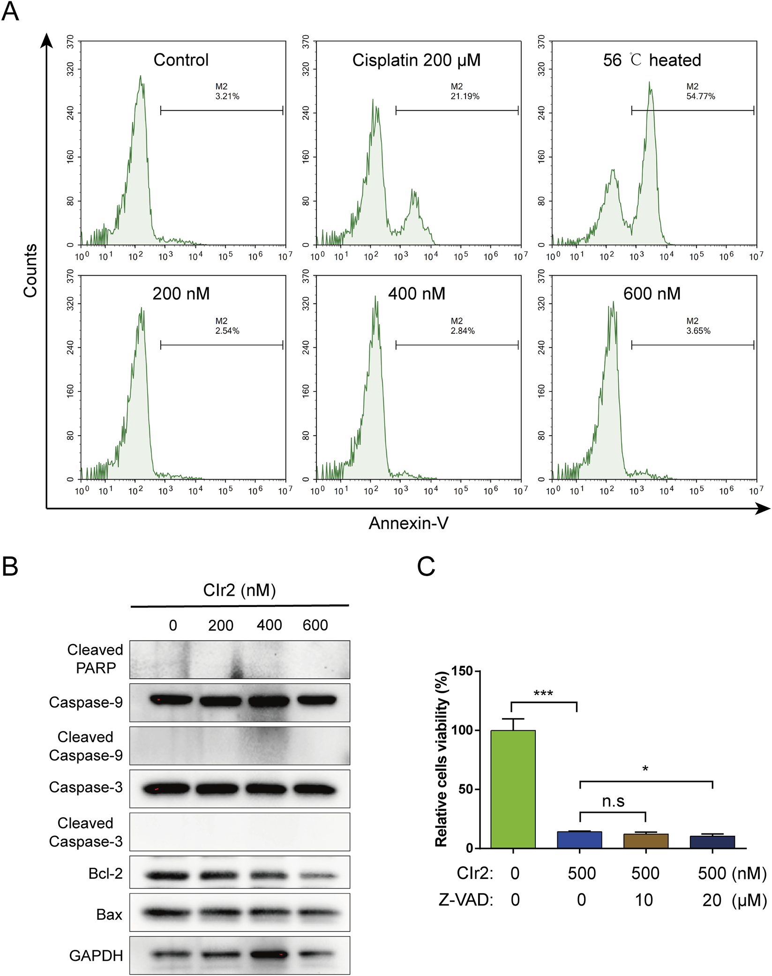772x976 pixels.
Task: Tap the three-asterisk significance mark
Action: (x=543, y=693)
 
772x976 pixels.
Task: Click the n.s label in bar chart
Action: (x=613, y=802)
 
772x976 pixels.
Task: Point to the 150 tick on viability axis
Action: (x=462, y=671)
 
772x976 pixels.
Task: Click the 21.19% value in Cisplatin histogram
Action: (x=465, y=96)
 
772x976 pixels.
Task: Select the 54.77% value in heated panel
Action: (x=700, y=96)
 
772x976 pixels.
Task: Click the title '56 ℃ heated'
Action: (x=652, y=60)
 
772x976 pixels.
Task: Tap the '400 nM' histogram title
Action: (x=416, y=294)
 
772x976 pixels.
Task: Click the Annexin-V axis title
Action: (x=408, y=523)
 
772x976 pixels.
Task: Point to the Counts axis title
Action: (x=30, y=270)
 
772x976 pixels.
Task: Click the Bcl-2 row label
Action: (x=105, y=873)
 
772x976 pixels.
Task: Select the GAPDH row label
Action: (x=96, y=955)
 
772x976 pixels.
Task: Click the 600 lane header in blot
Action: (x=315, y=625)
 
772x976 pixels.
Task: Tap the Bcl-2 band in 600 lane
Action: (x=316, y=875)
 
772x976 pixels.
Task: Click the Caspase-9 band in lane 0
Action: (x=171, y=700)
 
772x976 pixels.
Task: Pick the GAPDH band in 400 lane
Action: (x=268, y=954)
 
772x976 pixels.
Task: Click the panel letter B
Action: (x=10, y=566)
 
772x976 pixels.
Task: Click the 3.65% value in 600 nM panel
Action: (x=698, y=330)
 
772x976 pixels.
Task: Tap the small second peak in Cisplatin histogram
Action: (x=414, y=211)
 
